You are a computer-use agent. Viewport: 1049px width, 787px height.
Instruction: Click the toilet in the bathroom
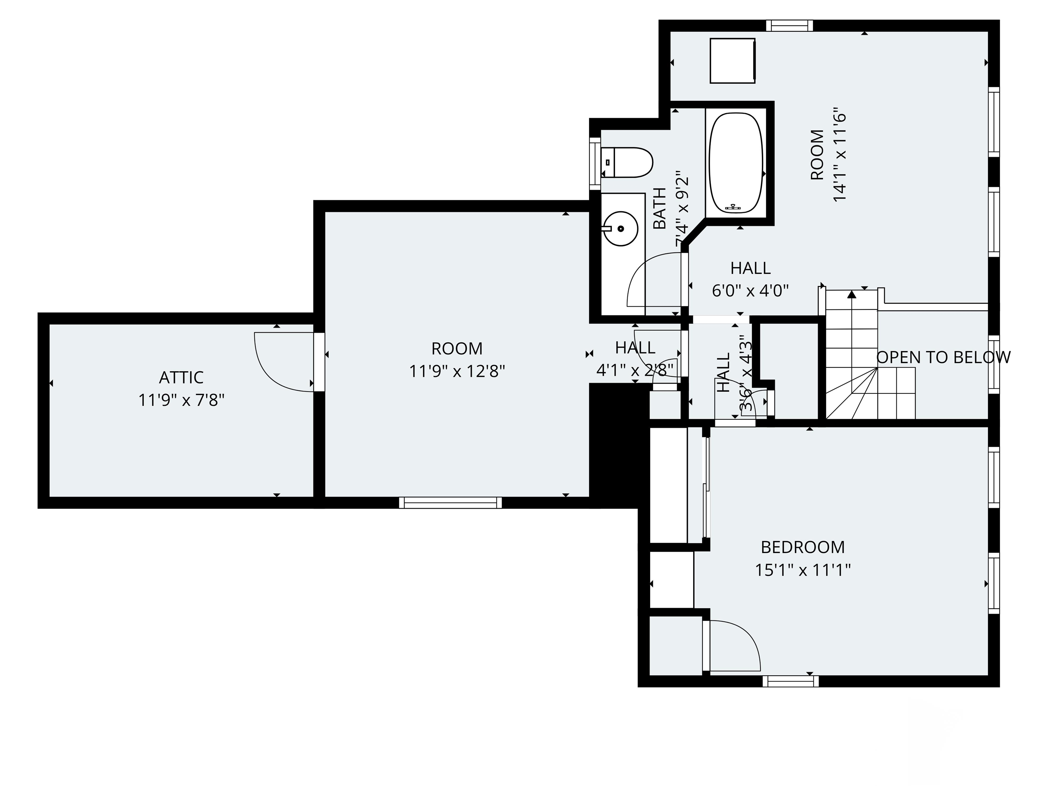[x=627, y=162]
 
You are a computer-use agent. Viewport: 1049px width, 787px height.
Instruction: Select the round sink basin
[x=622, y=229]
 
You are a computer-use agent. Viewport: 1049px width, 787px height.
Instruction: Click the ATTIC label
[x=181, y=377]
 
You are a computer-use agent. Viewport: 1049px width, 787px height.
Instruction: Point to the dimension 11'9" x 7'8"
[x=181, y=400]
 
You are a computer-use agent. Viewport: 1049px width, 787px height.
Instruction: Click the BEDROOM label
[x=803, y=548]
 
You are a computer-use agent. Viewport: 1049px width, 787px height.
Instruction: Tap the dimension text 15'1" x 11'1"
[x=803, y=570]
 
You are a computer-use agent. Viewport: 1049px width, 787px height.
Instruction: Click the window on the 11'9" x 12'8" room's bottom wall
[x=450, y=503]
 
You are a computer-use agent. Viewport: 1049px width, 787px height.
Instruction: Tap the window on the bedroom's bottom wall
[x=791, y=681]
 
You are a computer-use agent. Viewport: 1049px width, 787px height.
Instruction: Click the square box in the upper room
[x=732, y=61]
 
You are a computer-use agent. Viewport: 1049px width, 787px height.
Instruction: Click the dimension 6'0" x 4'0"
[x=750, y=290]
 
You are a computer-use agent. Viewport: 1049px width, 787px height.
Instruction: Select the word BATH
[x=660, y=209]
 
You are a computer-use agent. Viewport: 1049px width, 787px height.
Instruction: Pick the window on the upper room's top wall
[x=789, y=26]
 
